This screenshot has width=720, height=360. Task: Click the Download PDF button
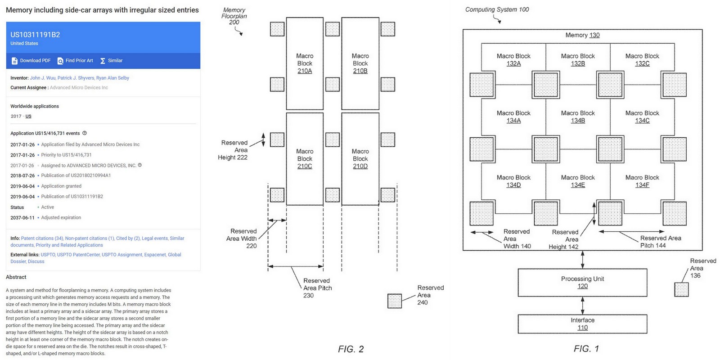31,61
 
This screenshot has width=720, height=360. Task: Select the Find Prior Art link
75,61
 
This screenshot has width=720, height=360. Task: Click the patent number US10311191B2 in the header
35,35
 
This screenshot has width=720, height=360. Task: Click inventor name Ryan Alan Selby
112,78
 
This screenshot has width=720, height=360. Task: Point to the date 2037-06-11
22,218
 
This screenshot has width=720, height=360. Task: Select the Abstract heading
16,277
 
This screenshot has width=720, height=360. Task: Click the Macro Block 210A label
305,63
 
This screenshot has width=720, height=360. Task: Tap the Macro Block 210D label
360,159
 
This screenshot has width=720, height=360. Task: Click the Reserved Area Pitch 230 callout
317,288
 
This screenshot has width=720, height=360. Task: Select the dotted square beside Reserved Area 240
395,301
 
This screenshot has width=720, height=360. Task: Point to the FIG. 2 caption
351,349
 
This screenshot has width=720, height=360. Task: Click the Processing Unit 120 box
582,283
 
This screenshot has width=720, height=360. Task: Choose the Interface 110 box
582,324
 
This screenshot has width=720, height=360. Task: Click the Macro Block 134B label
578,117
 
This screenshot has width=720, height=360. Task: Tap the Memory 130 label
582,35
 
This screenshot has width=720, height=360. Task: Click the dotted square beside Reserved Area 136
681,289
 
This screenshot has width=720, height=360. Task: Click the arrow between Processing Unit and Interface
583,306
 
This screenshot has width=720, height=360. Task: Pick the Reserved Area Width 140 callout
517,239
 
